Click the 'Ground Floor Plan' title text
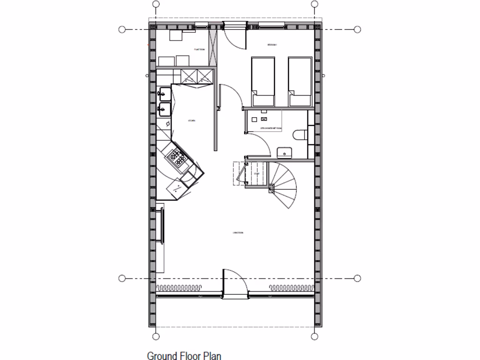[184, 356]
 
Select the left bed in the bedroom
[262, 81]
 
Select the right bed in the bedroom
[300, 81]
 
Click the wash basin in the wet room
[284, 152]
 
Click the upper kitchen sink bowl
[165, 94]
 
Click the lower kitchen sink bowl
[165, 109]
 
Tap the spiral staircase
[283, 185]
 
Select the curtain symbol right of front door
[291, 287]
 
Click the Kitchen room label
[191, 120]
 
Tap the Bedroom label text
[272, 45]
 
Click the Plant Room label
[198, 49]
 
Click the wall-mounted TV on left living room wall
[163, 225]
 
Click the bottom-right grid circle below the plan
[315, 336]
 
